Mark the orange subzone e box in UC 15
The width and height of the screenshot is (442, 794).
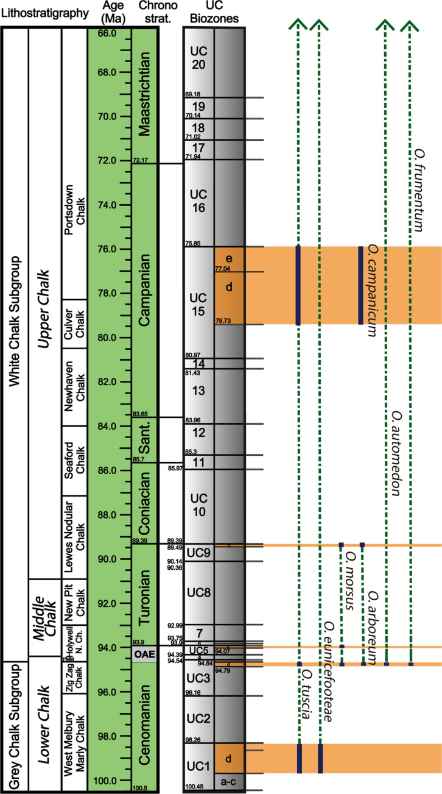point(229,257)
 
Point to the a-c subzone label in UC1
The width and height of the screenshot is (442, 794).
point(229,781)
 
